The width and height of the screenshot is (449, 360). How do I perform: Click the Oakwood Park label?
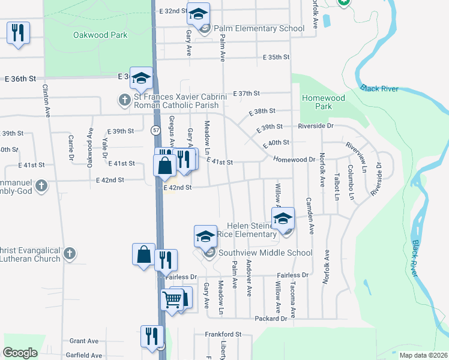100,35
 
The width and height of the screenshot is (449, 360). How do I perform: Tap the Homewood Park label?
324,102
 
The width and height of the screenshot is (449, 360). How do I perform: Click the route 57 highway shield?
155,130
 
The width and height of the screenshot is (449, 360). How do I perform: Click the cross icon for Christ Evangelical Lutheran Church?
70,254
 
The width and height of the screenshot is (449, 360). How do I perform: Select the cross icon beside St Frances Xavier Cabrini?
124,100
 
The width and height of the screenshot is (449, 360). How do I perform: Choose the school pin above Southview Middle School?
205,236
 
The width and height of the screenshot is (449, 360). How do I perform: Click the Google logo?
20,352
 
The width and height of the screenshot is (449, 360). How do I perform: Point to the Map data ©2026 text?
423,355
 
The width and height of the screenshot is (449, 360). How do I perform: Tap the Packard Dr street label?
271,318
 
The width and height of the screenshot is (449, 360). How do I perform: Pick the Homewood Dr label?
294,160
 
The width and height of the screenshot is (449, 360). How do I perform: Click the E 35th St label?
276,57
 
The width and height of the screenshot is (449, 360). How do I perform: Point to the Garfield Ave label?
84,355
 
